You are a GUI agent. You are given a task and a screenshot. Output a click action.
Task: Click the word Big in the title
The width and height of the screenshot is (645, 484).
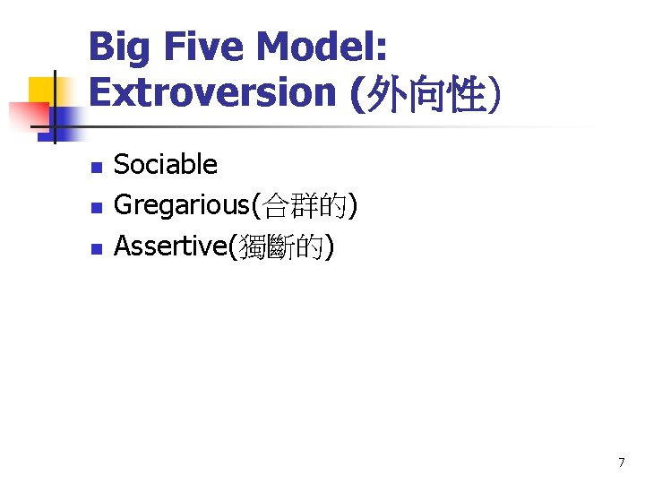click(120, 47)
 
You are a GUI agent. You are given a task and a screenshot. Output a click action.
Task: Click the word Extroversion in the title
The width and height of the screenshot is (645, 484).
click(211, 92)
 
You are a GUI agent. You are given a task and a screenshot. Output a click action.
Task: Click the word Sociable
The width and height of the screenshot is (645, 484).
click(166, 164)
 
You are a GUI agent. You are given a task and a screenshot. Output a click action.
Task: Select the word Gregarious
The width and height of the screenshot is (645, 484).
click(183, 205)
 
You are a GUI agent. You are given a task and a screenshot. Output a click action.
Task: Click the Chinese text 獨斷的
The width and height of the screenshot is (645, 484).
click(282, 246)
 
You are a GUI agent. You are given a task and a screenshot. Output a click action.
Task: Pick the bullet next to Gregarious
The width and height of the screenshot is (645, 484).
click(97, 207)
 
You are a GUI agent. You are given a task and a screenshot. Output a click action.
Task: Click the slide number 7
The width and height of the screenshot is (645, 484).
click(621, 462)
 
